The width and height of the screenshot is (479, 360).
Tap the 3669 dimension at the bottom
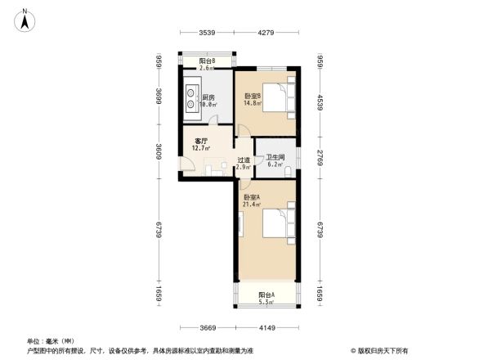pyautogui.click(x=208, y=329)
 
